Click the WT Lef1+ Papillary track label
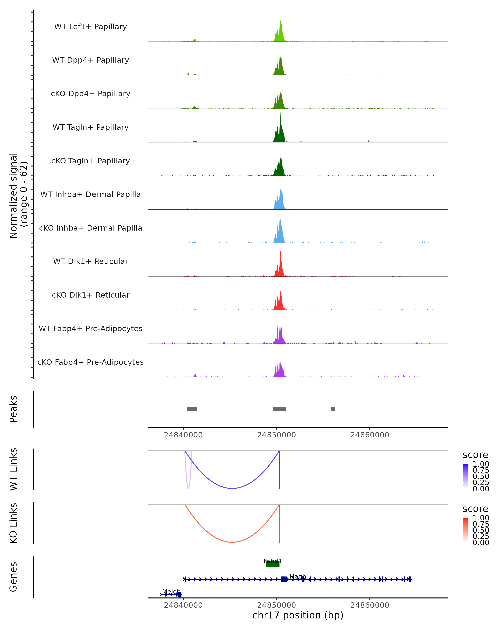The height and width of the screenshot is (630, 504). (91, 27)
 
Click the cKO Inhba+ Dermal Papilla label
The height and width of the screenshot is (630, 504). (91, 228)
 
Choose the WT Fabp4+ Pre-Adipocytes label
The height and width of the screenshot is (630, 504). (91, 328)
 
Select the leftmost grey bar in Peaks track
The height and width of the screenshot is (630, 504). (192, 409)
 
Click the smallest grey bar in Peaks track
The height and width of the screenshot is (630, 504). (333, 409)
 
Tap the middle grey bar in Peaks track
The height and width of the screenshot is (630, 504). (279, 409)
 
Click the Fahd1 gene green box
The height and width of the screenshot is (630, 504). (273, 564)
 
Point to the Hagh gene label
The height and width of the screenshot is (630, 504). (298, 576)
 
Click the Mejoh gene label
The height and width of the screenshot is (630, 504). (171, 591)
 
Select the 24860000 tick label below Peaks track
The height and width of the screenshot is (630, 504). (370, 435)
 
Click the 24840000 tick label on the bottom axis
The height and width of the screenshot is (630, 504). (183, 605)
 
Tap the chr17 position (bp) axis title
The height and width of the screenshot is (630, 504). (298, 615)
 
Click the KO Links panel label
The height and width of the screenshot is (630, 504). (13, 523)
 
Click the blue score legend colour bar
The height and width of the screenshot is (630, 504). (465, 476)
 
